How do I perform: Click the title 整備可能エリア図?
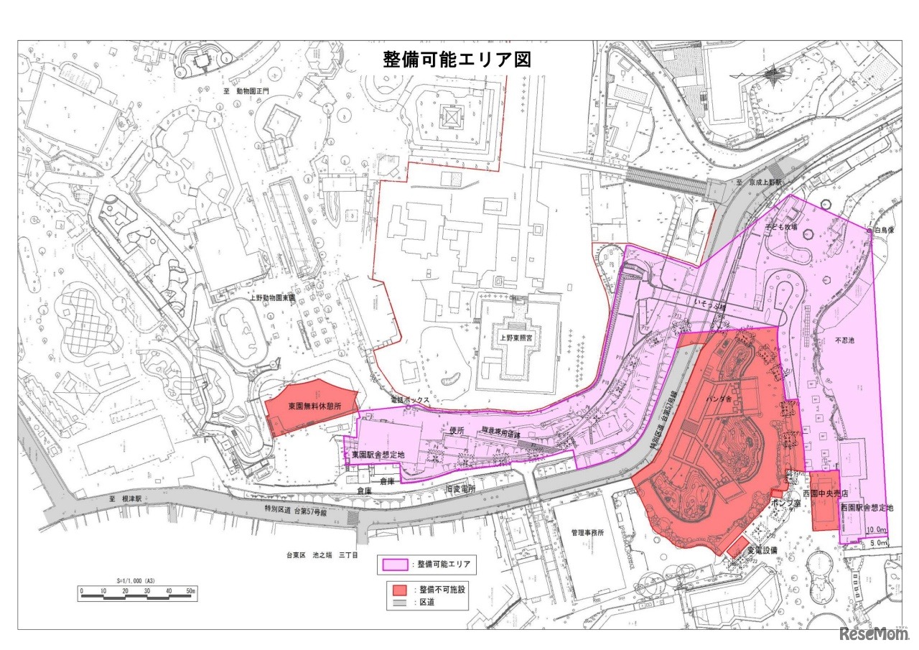coord(457,59)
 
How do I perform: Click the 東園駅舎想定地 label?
coord(378,455)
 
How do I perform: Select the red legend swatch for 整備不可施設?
coord(400,590)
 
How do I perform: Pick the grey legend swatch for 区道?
coord(400,603)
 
